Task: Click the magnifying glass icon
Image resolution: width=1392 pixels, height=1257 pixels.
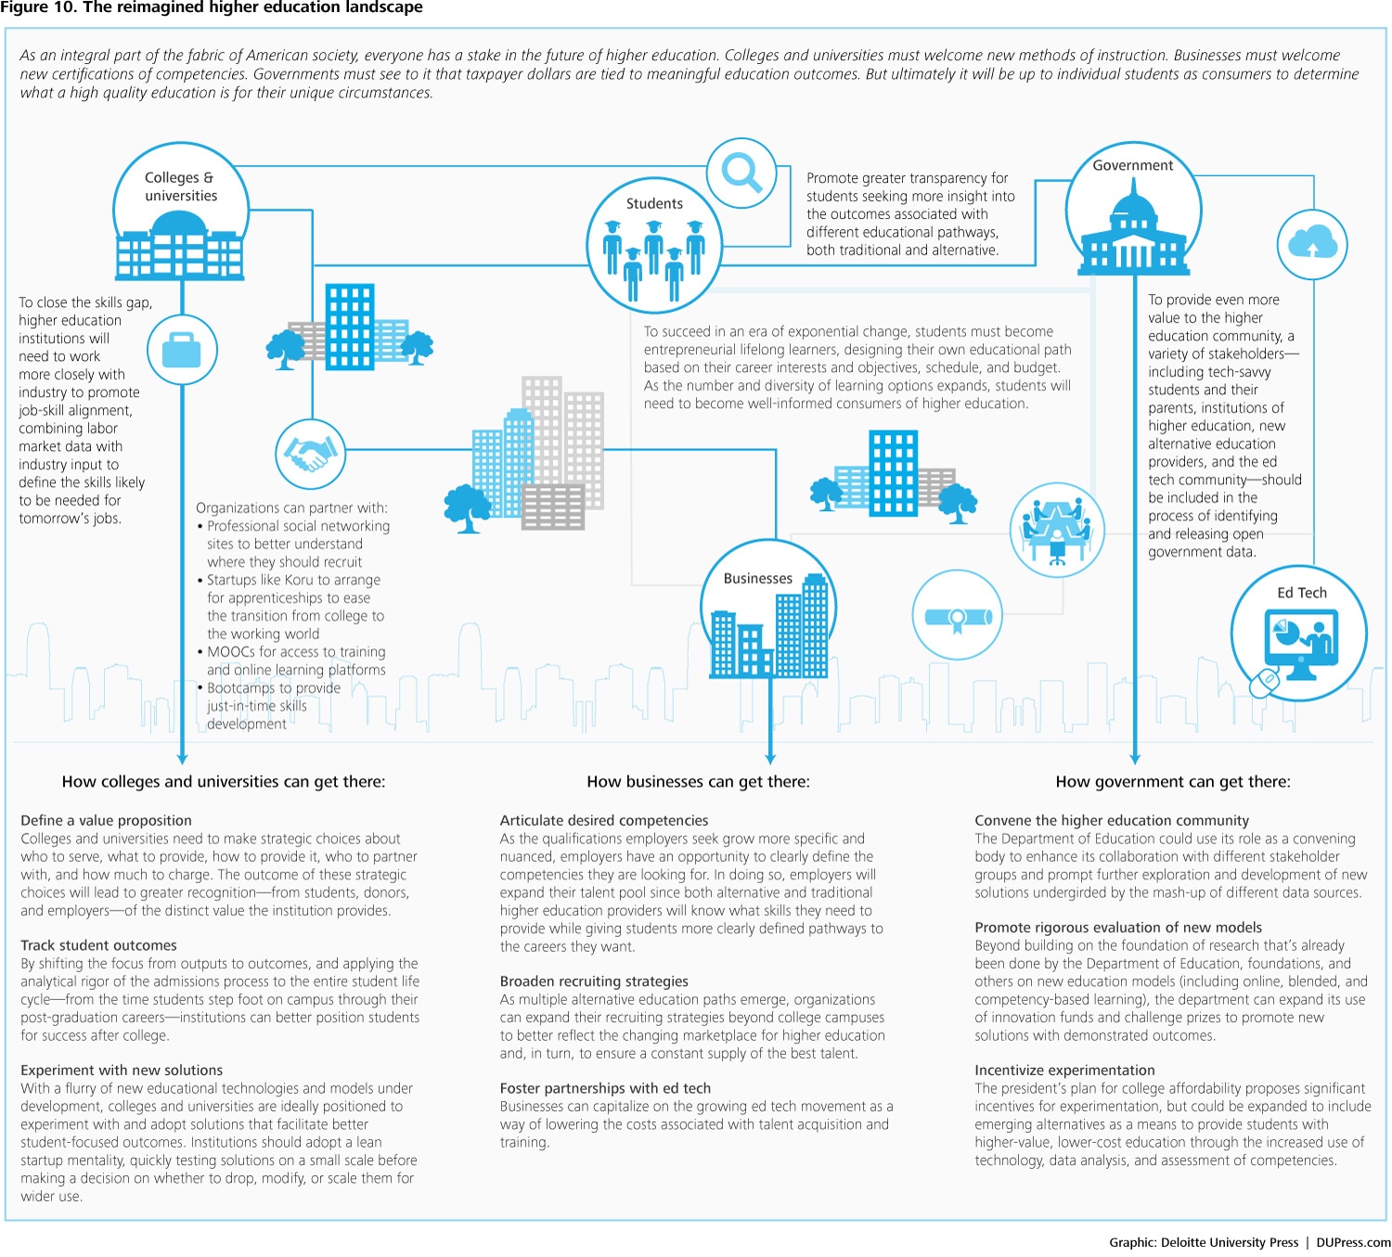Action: (741, 173)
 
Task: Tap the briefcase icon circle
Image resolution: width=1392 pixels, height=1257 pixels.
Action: (182, 350)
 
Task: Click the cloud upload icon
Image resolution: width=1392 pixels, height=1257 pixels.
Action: (1312, 243)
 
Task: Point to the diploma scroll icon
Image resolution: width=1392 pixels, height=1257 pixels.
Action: (958, 616)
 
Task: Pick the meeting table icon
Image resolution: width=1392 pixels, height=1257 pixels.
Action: (1057, 530)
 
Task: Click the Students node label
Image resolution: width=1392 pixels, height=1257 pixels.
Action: (654, 204)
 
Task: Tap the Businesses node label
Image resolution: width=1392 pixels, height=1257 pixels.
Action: (758, 579)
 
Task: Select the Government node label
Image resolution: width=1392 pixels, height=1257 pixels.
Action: (1132, 166)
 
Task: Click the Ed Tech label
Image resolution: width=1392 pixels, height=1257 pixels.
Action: (1301, 594)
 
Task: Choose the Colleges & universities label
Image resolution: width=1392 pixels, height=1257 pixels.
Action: (180, 186)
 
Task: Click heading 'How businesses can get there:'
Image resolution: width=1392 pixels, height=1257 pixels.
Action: (698, 782)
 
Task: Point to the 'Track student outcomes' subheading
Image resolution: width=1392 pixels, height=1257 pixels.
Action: (98, 945)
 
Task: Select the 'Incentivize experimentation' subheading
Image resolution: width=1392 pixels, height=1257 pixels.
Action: (1064, 1071)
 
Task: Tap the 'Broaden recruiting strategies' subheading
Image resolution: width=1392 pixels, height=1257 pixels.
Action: (594, 981)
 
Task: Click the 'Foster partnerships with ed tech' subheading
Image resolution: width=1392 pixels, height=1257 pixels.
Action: (605, 1088)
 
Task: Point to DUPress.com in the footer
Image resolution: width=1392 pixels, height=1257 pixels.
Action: (1353, 1242)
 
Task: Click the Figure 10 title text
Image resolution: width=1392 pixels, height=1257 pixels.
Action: (212, 7)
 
